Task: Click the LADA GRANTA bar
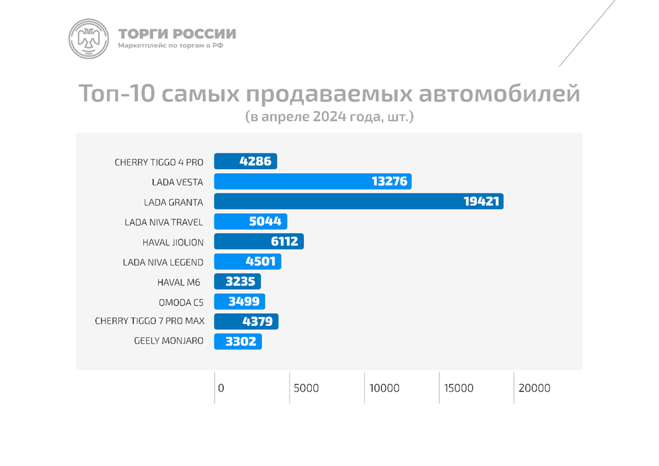359,202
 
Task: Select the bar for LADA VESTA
313,181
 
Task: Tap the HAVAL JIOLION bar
258,241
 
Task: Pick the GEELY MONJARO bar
237,342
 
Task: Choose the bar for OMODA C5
240,302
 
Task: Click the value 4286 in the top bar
255,162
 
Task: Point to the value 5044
265,222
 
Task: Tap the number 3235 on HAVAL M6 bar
238,282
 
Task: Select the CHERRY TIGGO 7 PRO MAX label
150,321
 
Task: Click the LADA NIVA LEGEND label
163,262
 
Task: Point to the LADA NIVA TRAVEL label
164,222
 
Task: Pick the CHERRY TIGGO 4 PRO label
159,162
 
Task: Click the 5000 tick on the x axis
306,388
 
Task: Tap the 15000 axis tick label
459,388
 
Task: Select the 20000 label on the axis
535,388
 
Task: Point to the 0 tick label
221,388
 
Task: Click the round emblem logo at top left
89,39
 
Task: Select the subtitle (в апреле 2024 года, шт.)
329,116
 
